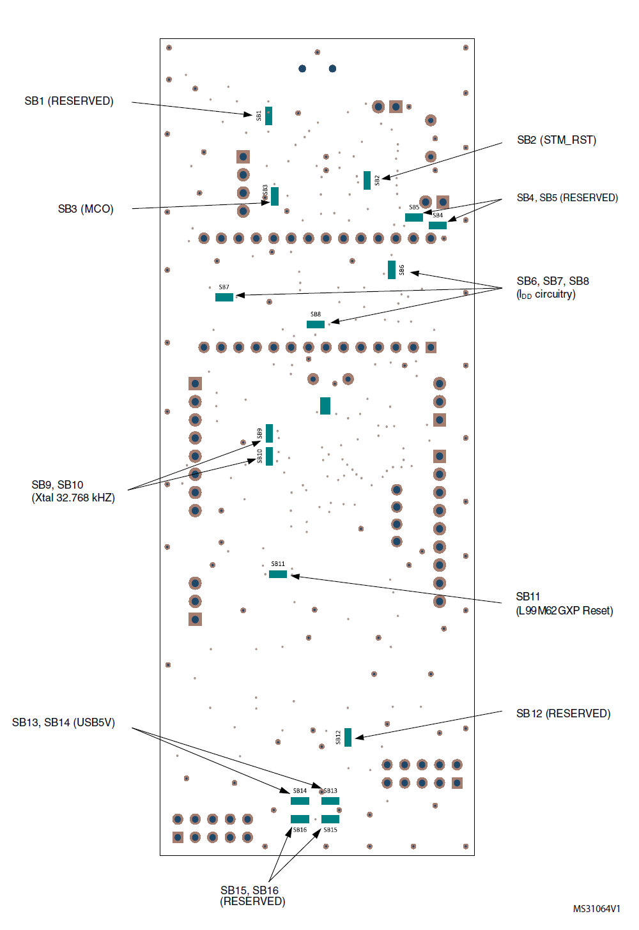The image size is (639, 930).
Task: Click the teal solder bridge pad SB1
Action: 268,116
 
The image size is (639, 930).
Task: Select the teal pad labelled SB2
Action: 367,180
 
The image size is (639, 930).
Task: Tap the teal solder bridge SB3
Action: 275,196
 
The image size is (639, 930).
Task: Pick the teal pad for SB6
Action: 391,270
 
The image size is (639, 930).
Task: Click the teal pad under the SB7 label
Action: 224,297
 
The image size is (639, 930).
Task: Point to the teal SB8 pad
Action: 316,324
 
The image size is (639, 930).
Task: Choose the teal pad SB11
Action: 278,574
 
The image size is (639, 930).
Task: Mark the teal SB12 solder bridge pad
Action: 348,737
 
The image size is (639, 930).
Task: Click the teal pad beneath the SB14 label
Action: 300,801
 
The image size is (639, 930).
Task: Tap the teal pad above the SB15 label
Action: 330,819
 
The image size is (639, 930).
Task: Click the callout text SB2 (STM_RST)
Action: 557,141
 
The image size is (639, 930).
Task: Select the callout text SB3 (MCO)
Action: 86,209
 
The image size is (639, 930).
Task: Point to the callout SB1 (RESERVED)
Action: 69,102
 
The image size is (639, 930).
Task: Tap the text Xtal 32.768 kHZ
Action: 73,498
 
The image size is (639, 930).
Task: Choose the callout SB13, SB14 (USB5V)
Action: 63,722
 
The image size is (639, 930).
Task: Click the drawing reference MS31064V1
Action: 597,909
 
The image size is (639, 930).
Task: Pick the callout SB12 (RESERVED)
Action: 564,713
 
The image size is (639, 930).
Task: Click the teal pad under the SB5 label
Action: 414,217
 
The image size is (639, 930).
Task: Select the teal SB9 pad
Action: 269,434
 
